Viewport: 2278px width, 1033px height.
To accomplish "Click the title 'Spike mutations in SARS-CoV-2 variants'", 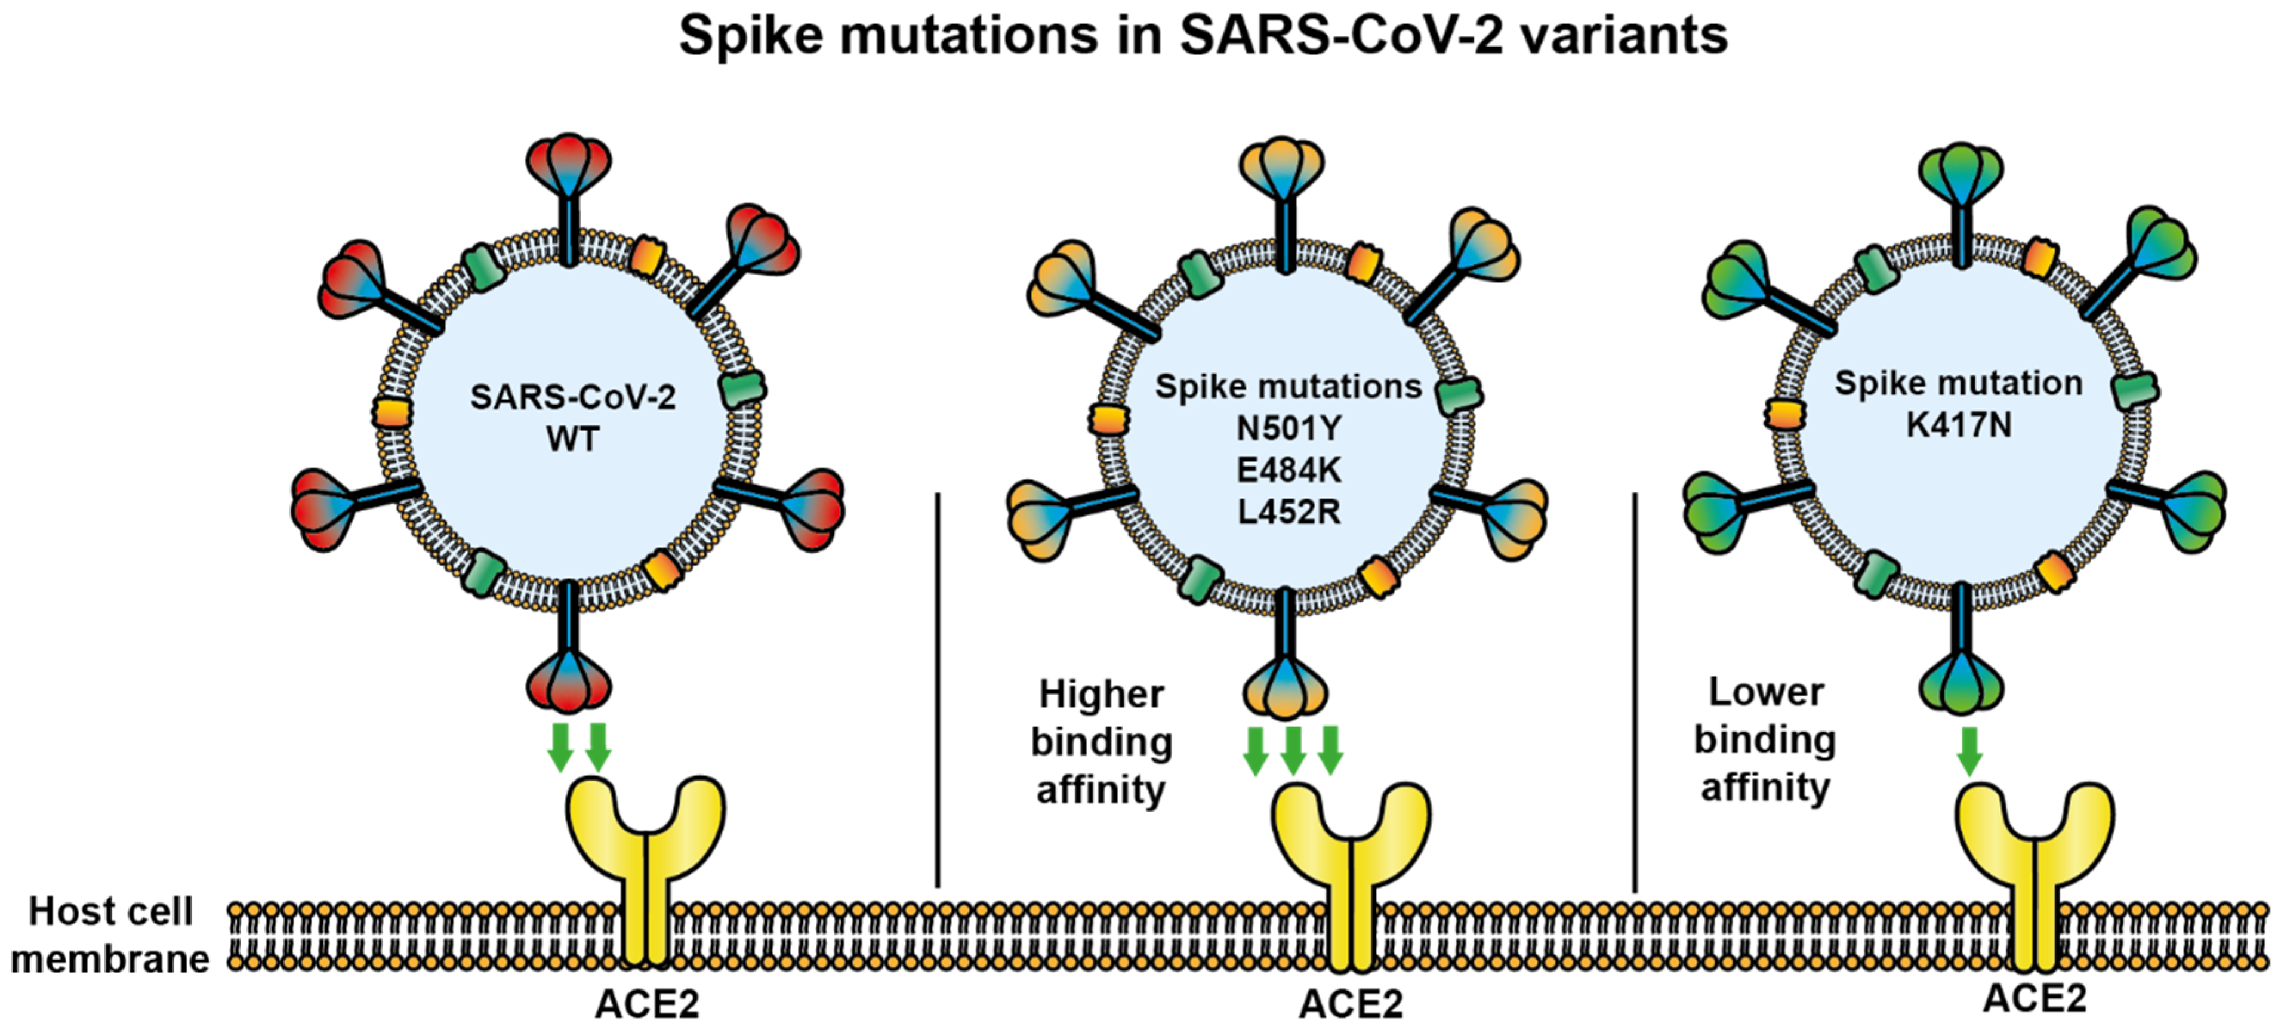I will [x=1203, y=37].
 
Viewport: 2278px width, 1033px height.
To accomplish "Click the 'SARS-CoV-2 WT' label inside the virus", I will [x=572, y=418].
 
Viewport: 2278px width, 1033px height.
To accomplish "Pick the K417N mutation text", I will [x=1958, y=425].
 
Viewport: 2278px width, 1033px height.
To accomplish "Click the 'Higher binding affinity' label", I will [x=1101, y=742].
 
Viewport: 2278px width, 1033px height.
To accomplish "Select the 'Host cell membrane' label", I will [x=110, y=935].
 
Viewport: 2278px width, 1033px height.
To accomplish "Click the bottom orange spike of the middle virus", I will [x=1285, y=686].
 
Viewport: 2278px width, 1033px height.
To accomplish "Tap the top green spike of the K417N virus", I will [x=1962, y=173].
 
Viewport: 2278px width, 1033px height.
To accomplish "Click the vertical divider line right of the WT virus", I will [x=938, y=690].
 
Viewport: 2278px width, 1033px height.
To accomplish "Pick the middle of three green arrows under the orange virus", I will [x=1293, y=750].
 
